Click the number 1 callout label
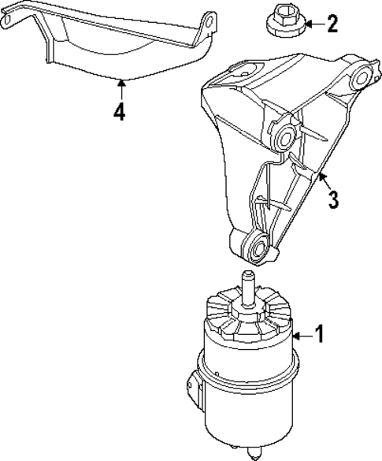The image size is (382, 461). click(x=318, y=335)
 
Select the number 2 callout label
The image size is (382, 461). click(x=332, y=24)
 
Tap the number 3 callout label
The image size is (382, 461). click(x=334, y=199)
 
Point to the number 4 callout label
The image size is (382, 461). click(x=118, y=113)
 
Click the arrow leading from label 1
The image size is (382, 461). click(x=301, y=336)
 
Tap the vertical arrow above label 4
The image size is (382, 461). click(x=118, y=88)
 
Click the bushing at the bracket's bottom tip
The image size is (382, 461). click(x=257, y=249)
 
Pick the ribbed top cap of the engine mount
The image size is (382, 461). click(x=246, y=319)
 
